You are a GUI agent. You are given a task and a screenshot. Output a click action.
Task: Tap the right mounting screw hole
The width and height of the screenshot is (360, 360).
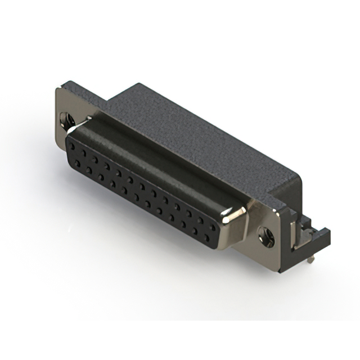266,236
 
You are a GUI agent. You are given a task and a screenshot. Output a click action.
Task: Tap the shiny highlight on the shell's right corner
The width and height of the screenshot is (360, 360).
235,213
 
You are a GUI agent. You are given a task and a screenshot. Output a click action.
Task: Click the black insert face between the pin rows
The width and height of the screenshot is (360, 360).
141,195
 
